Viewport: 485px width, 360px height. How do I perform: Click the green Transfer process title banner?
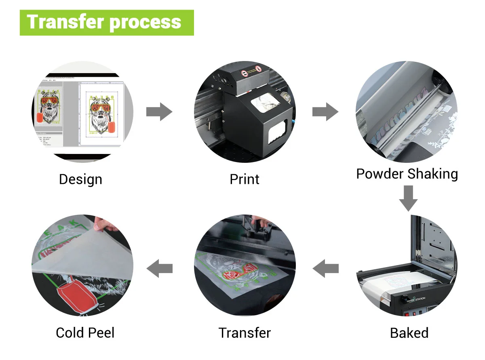click(107, 22)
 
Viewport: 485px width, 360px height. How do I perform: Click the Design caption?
click(80, 179)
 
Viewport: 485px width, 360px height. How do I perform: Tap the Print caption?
click(245, 179)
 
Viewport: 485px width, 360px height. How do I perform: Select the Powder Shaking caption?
click(407, 174)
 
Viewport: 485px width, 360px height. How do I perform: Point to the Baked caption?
click(409, 333)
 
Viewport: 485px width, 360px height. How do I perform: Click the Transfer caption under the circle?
click(245, 333)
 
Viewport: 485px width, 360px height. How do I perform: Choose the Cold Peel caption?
click(85, 333)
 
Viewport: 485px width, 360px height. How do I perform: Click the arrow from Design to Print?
click(159, 112)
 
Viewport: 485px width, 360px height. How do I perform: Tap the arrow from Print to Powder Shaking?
click(325, 112)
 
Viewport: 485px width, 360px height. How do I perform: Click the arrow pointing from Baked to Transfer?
click(325, 268)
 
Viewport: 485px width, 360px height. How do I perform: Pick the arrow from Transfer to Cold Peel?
click(159, 268)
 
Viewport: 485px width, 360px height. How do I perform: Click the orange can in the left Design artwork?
click(40, 117)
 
